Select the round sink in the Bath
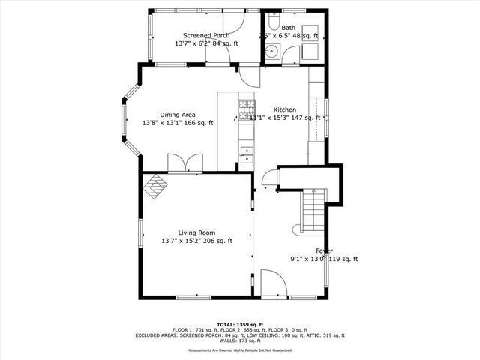[271, 52]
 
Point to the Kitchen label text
[284, 108]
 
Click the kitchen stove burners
[245, 110]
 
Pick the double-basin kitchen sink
[246, 154]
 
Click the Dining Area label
[178, 115]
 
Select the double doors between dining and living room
[184, 164]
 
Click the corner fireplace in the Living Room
[155, 187]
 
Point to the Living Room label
[196, 232]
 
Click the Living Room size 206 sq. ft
[218, 241]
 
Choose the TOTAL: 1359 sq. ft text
[240, 324]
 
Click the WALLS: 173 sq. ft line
[240, 340]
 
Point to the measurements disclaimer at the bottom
[240, 350]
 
